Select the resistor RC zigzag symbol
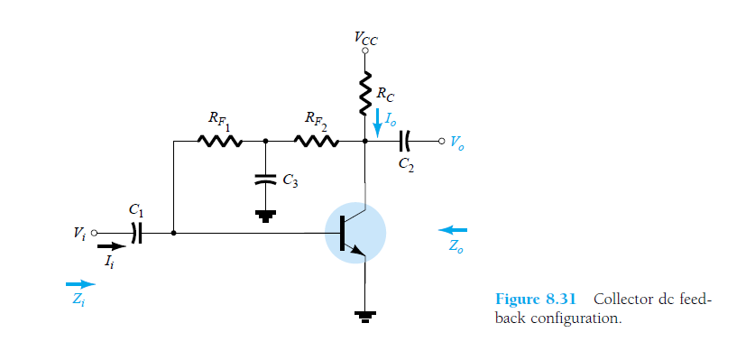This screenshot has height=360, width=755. tap(366, 95)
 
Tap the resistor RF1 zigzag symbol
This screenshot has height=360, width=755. tap(219, 141)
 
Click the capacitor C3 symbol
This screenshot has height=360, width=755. tap(264, 178)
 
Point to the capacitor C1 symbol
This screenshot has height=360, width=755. tap(137, 233)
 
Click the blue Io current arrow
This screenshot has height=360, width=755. tap(378, 124)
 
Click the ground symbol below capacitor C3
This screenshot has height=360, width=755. tap(264, 214)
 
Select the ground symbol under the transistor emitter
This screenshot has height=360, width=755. tap(366, 315)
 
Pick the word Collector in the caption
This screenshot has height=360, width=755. tap(623, 300)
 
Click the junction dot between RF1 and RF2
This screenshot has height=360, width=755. tap(264, 141)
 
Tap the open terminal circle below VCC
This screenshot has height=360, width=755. tap(366, 51)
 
